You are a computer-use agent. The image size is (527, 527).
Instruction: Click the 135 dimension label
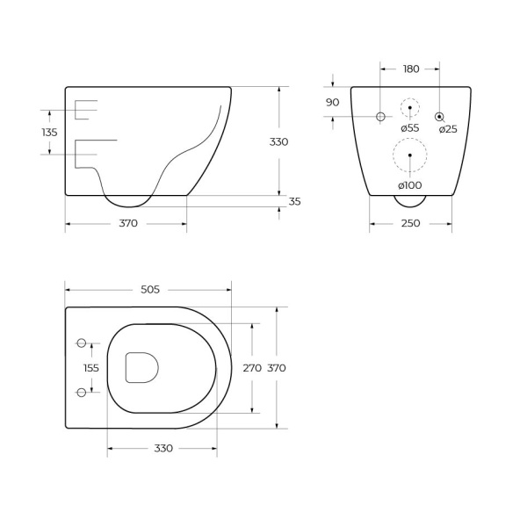tap(49, 133)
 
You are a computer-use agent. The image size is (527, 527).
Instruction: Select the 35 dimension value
tap(295, 202)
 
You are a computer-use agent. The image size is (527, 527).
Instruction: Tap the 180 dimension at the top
tap(411, 69)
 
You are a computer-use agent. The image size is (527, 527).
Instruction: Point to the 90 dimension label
tap(332, 103)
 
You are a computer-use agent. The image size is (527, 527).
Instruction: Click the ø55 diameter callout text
tap(410, 128)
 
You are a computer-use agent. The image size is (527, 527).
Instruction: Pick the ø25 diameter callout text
tap(448, 129)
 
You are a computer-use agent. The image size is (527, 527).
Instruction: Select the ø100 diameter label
tap(409, 185)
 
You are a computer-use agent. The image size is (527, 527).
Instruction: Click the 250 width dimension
tap(410, 223)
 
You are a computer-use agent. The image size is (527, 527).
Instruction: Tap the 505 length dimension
tap(150, 290)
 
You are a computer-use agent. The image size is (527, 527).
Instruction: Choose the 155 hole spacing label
tap(91, 368)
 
